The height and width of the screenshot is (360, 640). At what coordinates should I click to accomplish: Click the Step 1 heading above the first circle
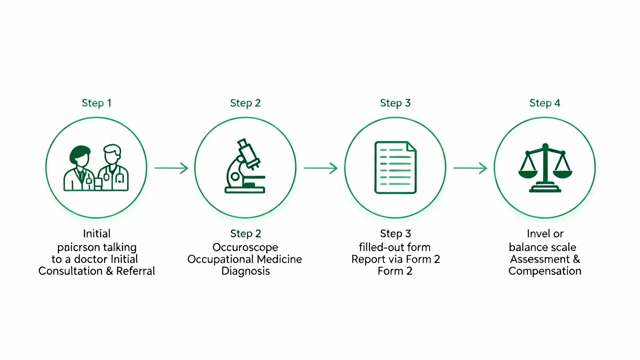96,103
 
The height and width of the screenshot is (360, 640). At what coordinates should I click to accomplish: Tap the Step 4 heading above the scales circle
544,103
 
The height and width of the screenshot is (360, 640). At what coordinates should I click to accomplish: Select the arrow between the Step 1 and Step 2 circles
171,168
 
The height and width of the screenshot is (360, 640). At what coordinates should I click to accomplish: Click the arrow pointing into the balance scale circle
470,168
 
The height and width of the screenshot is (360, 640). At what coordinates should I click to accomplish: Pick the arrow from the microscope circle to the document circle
320,168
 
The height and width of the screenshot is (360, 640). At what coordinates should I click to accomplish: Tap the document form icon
395,168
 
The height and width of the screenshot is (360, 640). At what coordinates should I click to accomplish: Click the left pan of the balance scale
528,174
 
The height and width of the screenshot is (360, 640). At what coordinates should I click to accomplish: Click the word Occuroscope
245,247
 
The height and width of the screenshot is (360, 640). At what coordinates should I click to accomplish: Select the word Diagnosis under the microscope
245,271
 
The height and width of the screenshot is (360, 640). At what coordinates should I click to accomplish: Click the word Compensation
544,271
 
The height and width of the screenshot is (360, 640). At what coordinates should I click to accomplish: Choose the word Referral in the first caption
136,271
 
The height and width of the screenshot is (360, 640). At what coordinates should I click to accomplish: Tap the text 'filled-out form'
395,247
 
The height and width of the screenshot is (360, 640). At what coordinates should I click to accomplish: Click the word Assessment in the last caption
540,259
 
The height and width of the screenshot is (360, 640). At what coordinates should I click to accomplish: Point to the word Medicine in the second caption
280,259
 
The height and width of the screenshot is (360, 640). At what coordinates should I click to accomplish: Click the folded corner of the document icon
411,146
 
